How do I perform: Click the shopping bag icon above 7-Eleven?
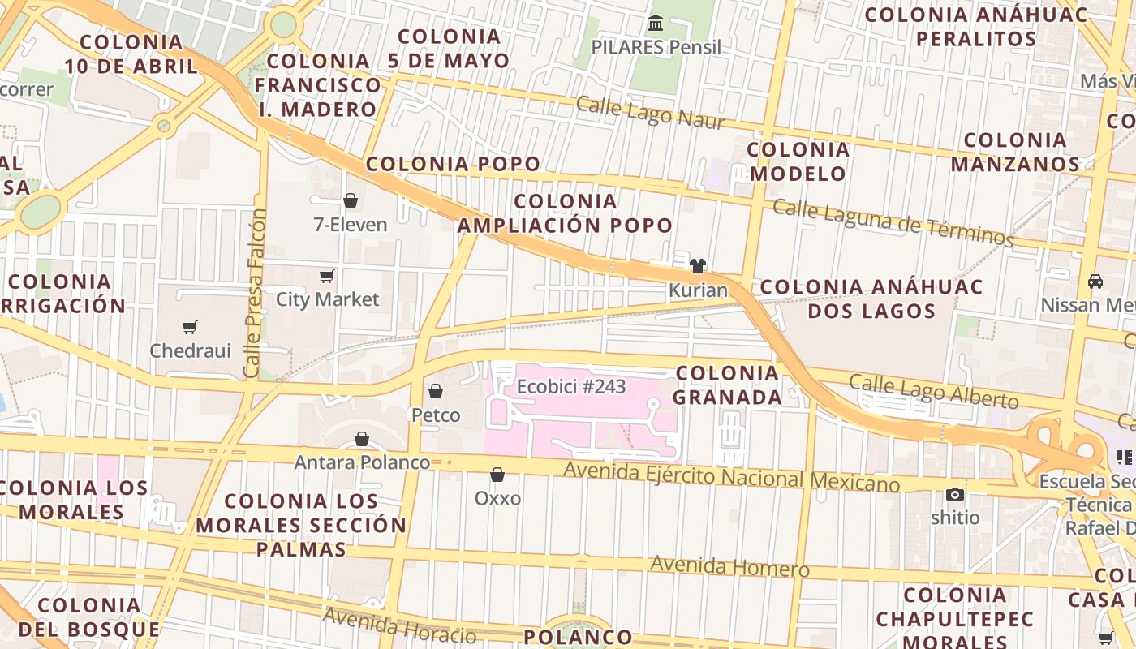[351, 200]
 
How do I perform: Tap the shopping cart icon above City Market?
[326, 276]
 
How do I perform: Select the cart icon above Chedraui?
[190, 327]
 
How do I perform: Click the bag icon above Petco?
[436, 391]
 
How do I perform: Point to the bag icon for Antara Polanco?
[362, 439]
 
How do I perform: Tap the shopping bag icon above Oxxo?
[497, 475]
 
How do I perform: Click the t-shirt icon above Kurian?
[698, 265]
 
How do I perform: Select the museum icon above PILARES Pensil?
[656, 23]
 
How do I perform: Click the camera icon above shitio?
[955, 494]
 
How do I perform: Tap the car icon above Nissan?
[1095, 282]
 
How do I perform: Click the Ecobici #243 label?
[571, 386]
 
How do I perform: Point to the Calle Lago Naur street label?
[650, 113]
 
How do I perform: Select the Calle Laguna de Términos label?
[893, 222]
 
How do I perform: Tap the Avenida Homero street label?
[729, 565]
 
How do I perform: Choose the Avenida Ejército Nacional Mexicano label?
[731, 476]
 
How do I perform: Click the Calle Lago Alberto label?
[933, 391]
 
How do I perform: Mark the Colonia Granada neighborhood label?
[728, 385]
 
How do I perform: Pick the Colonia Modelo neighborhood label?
[798, 161]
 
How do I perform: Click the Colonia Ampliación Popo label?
[566, 213]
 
